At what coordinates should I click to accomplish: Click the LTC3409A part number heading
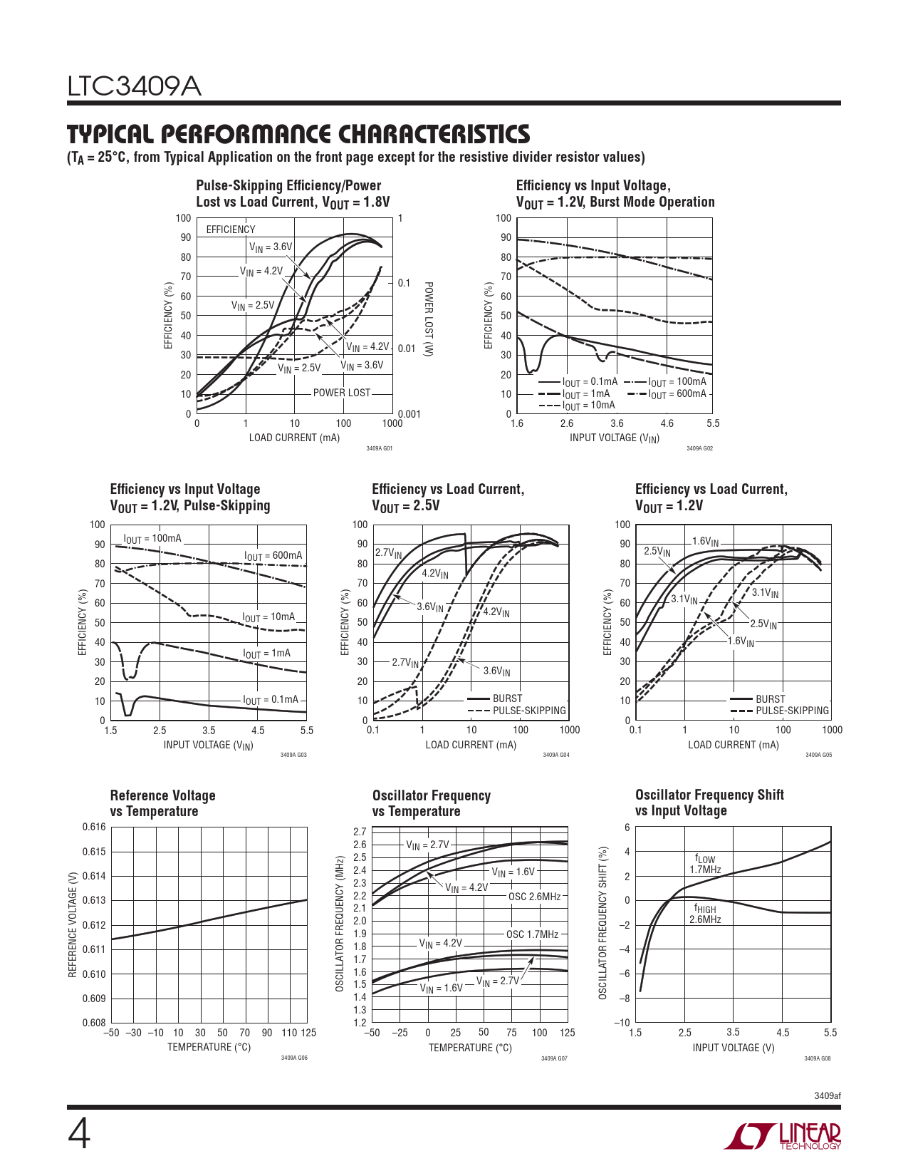click(135, 87)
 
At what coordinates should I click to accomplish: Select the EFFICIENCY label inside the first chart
click(230, 229)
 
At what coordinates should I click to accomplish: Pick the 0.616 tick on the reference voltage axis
click(94, 827)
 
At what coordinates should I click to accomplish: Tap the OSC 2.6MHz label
click(534, 896)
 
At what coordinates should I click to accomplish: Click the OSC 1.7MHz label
click(532, 934)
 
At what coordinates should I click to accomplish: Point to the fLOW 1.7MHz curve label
click(705, 865)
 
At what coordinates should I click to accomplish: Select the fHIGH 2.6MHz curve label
click(705, 914)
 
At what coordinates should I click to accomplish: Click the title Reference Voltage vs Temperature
click(162, 803)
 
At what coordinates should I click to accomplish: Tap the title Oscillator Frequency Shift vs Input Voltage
click(709, 803)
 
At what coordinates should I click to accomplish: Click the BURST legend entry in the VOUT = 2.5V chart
click(507, 698)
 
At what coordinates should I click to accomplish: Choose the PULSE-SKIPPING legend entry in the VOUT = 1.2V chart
click(792, 711)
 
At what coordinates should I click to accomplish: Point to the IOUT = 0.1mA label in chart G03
click(271, 700)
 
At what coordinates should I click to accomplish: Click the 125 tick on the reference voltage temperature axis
click(308, 1033)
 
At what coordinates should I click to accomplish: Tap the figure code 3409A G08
click(817, 1058)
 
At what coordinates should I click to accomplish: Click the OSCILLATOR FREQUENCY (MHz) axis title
click(340, 924)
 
